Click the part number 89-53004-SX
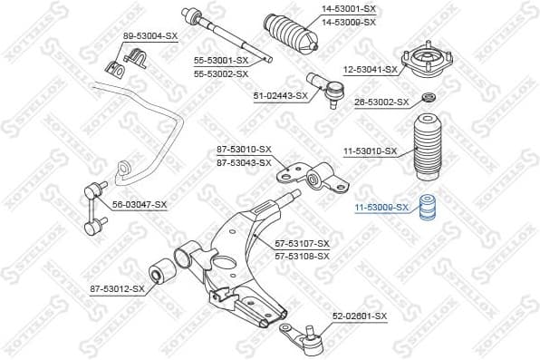pos(149,36)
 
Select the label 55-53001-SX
pos(221,61)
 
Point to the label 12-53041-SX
pos(370,69)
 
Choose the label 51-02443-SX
pos(280,94)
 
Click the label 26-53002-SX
pos(381,102)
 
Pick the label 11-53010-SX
pos(370,151)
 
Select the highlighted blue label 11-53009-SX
pos(381,208)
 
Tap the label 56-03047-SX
pos(140,205)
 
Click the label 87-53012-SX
pos(117,288)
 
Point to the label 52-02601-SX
pos(359,316)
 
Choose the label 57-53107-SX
pos(303,244)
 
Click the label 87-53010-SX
pos(244,150)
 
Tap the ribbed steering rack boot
pos(290,34)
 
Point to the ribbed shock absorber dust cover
pos(424,149)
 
